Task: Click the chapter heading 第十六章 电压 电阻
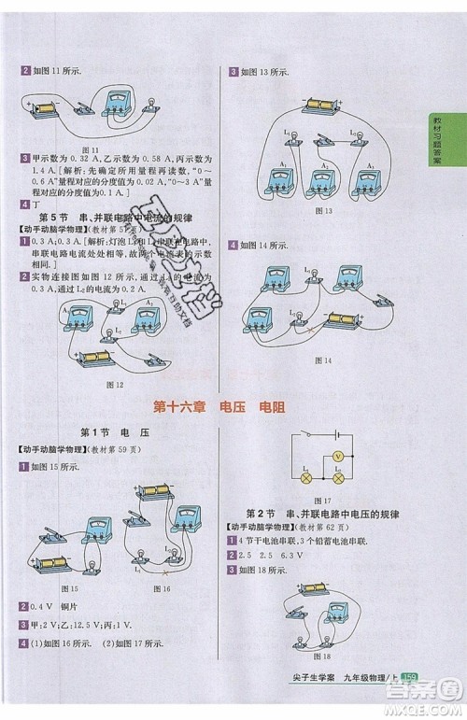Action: point(231,406)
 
